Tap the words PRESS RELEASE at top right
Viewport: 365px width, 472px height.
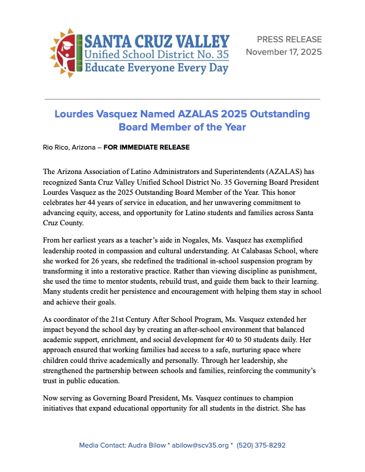click(x=289, y=40)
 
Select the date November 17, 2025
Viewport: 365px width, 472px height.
click(x=284, y=52)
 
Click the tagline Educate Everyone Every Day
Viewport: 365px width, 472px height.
click(x=157, y=67)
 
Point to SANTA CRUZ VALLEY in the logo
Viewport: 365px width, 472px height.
click(x=157, y=41)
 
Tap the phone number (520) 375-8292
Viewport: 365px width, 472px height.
click(x=261, y=445)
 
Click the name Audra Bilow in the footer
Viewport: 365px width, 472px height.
click(x=143, y=445)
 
